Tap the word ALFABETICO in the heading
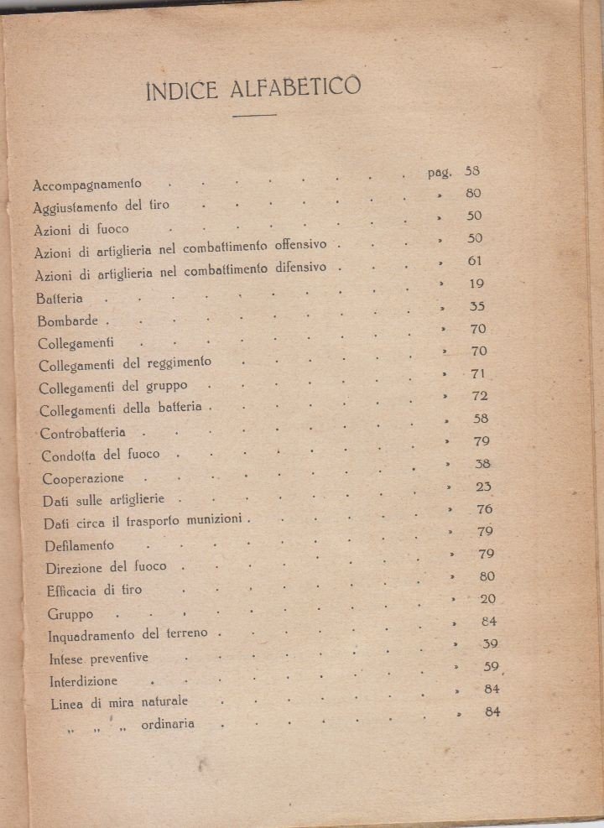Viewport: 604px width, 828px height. [294, 86]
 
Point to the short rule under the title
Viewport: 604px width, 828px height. [253, 115]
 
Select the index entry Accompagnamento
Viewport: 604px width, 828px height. [87, 184]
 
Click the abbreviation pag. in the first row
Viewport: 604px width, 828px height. [440, 173]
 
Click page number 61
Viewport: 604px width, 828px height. [475, 261]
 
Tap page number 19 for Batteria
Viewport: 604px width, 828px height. [476, 284]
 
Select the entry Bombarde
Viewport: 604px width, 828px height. [68, 321]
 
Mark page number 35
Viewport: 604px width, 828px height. [477, 306]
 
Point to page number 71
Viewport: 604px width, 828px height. [479, 373]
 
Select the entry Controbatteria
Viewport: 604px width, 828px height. [83, 433]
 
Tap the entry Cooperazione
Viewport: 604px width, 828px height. [83, 478]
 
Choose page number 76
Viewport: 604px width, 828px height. [485, 508]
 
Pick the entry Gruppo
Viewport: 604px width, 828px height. [70, 614]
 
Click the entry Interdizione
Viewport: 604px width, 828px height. [83, 680]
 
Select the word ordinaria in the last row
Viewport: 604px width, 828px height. [169, 724]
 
